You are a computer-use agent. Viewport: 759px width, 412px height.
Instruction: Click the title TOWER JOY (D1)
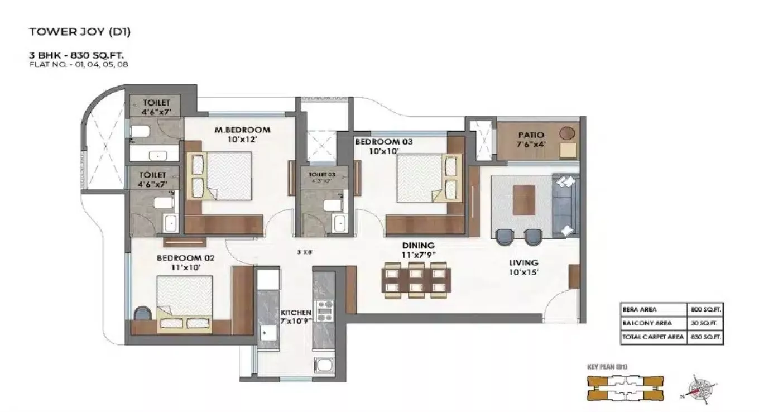tap(80, 32)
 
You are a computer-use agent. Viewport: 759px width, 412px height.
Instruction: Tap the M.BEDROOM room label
tap(242, 130)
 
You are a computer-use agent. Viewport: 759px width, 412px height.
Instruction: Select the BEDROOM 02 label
tap(178, 258)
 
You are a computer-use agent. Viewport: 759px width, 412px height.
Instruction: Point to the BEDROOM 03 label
tap(383, 142)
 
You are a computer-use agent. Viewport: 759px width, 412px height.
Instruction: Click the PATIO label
tap(530, 135)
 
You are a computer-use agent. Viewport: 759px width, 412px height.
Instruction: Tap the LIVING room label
tap(523, 262)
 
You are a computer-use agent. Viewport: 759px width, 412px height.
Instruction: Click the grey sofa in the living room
tap(565, 206)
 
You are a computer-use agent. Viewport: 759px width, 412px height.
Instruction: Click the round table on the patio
tap(566, 133)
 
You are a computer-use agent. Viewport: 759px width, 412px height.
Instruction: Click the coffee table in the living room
tap(523, 199)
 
